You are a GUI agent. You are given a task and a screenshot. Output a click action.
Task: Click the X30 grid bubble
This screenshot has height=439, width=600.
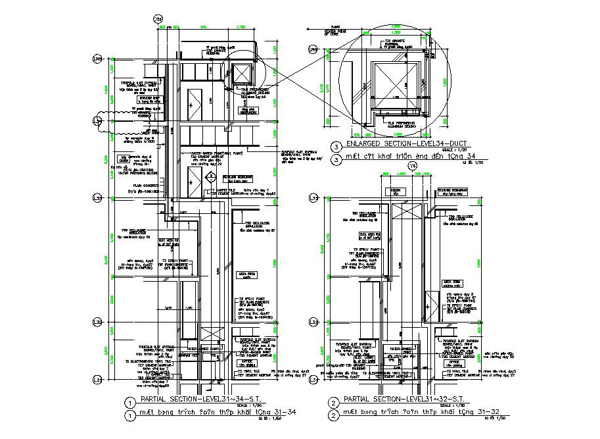pyautogui.click(x=157, y=20)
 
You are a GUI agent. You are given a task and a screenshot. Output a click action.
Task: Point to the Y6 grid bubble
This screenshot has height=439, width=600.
pyautogui.click(x=413, y=167)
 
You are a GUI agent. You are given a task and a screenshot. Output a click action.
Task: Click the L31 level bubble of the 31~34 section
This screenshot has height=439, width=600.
pyautogui.click(x=97, y=380)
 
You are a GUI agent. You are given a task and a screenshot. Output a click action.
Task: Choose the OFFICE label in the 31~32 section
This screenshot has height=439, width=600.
pyautogui.click(x=454, y=363)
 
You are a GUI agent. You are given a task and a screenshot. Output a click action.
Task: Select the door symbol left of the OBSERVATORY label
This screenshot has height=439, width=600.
pyautogui.click(x=195, y=103)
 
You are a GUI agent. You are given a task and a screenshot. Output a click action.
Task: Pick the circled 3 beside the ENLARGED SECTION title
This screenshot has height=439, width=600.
pyautogui.click(x=336, y=145)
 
